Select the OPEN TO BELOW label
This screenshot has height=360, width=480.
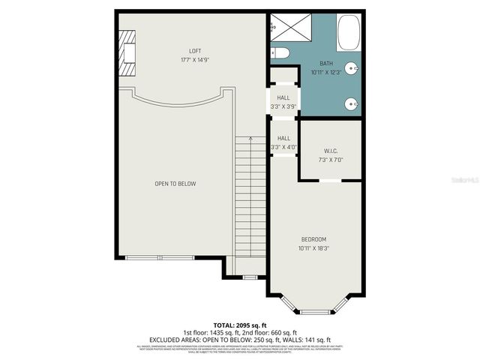coord(175,184)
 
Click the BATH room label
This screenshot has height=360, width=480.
coord(325,64)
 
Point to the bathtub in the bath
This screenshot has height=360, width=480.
coord(349,32)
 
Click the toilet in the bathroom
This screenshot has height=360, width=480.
coord(280,52)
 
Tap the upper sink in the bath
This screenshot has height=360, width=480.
coord(350,66)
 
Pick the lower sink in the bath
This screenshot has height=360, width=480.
coord(350,104)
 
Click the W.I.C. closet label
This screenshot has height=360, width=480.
coord(331,150)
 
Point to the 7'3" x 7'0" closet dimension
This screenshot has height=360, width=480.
coord(331,159)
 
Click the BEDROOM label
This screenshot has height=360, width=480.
coord(313,239)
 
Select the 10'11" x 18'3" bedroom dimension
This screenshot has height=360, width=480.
coord(313,247)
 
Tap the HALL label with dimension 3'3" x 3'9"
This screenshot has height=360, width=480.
coord(283,98)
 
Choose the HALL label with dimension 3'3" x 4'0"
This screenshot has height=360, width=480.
coord(283,138)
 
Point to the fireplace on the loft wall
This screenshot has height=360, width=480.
coord(128,53)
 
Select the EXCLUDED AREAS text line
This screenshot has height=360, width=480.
coord(240,340)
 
